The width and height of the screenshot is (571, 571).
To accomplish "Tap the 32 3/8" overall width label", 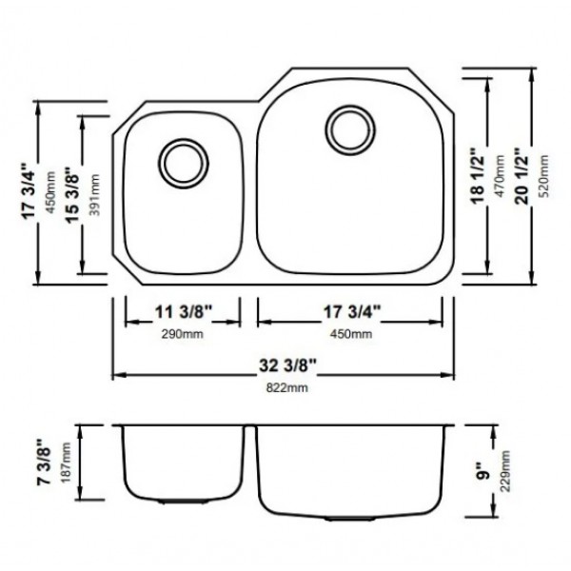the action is pyautogui.click(x=287, y=365).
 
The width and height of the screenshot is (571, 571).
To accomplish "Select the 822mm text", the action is pyautogui.click(x=287, y=387).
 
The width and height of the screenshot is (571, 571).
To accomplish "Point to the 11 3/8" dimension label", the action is pyautogui.click(x=183, y=312).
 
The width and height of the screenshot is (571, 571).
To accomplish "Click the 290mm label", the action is pyautogui.click(x=183, y=334).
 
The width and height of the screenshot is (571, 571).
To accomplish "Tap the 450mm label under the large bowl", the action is pyautogui.click(x=351, y=334).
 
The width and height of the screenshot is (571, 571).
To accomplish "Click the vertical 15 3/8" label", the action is pyautogui.click(x=72, y=194).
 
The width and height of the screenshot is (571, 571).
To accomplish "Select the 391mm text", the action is pyautogui.click(x=94, y=195).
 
